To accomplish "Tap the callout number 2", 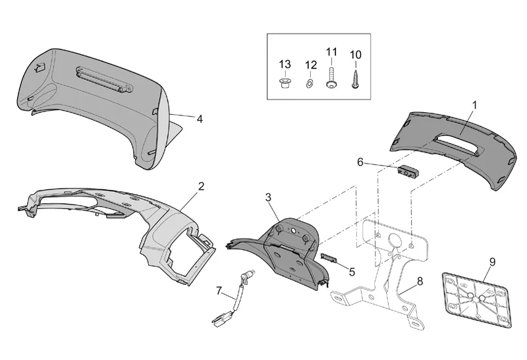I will point(201,187).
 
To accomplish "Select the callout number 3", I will point(268,197).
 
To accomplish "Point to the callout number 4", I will point(199,119).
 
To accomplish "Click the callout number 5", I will point(352,271).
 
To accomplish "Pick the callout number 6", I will point(360,162).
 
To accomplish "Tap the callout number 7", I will point(219,290).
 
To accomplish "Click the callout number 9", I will point(491,260).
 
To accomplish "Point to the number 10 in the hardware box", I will point(355,53).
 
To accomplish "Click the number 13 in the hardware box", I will point(285,64).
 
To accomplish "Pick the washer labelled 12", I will point(310,84).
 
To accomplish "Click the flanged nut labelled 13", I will point(285,84).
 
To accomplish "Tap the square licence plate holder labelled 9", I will point(476,295).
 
